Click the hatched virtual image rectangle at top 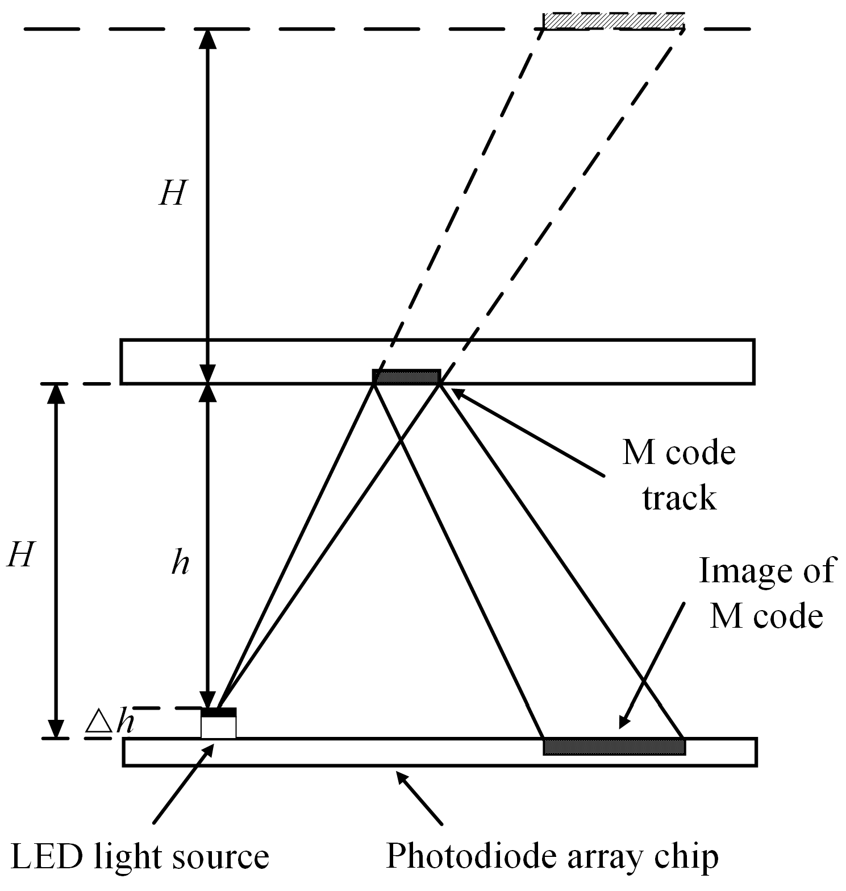pos(614,20)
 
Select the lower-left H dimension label pos(21,554)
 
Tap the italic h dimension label pos(180,563)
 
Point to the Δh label pos(110,722)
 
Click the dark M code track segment pos(406,376)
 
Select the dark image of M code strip pos(614,747)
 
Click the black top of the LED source pos(219,712)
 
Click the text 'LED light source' pos(140,857)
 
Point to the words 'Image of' pos(766,570)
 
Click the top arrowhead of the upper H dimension pos(209,36)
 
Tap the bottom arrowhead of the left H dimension pos(56,731)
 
